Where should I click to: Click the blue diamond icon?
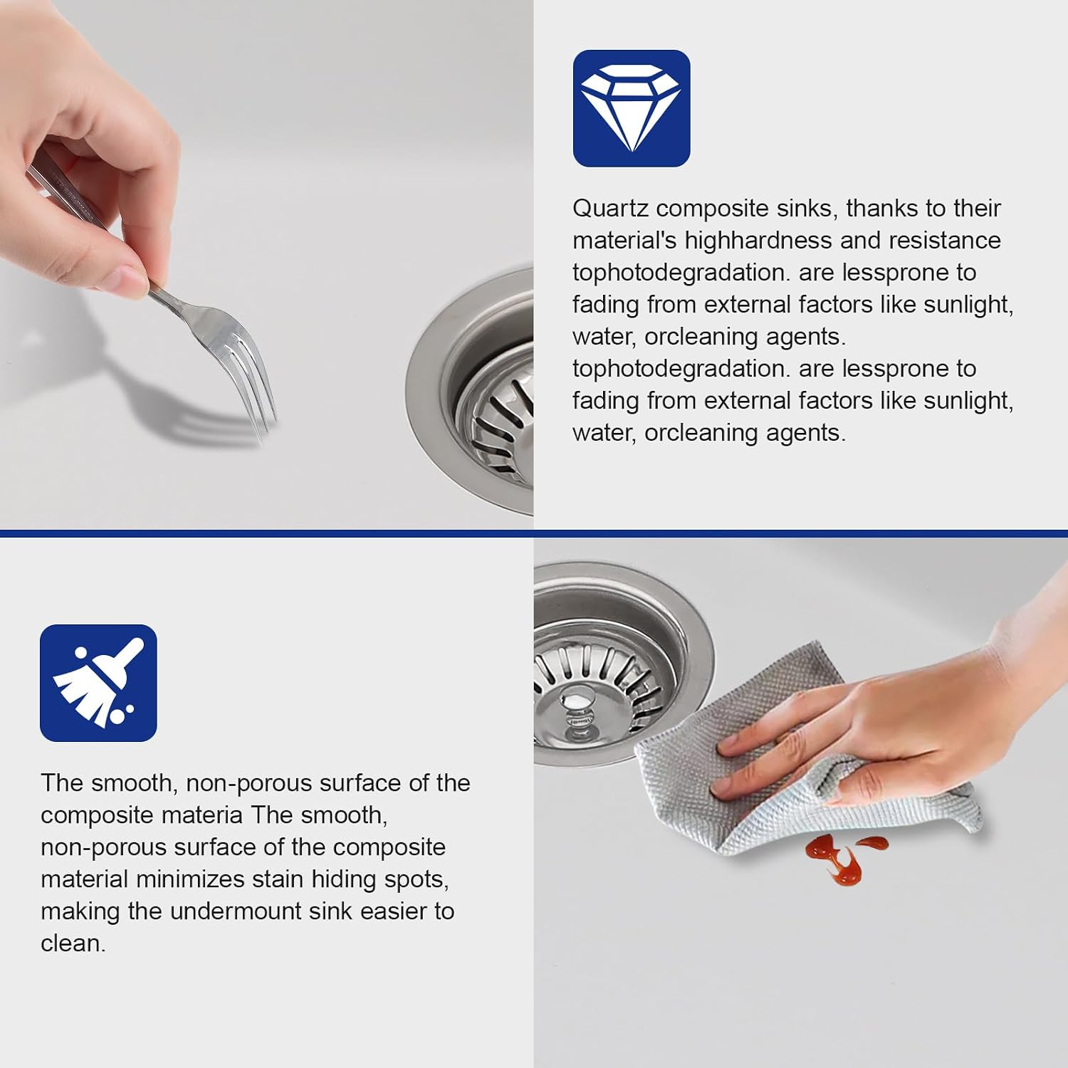point(632,108)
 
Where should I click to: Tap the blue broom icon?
point(98,683)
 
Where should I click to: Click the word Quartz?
point(610,209)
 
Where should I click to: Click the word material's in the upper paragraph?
point(624,241)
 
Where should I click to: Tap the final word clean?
point(73,943)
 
